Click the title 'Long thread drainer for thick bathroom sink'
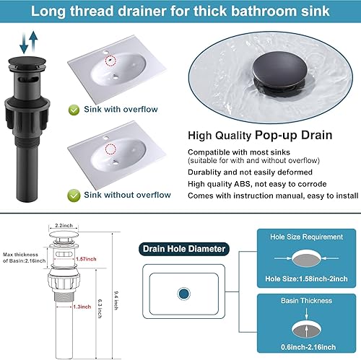pyautogui.click(x=180, y=12)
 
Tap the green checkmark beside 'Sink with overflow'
pyautogui.click(x=74, y=110)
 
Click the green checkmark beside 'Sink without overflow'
pyautogui.click(x=74, y=195)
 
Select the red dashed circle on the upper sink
pyautogui.click(x=110, y=61)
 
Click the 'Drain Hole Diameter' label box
pyautogui.click(x=183, y=249)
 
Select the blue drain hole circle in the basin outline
pyautogui.click(x=183, y=294)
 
